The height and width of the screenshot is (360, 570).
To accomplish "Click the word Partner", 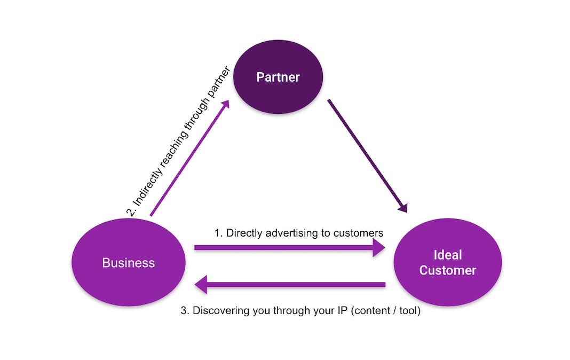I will (x=278, y=77).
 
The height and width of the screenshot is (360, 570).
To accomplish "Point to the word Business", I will (x=129, y=263).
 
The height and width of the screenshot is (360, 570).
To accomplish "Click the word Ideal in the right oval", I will (x=447, y=255).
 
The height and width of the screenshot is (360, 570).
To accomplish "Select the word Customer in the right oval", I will (x=447, y=270).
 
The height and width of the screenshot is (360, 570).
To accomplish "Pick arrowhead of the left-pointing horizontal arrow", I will (x=201, y=285).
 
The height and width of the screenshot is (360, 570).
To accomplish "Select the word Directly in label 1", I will (x=243, y=233).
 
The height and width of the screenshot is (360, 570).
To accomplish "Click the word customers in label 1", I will (x=358, y=233).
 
